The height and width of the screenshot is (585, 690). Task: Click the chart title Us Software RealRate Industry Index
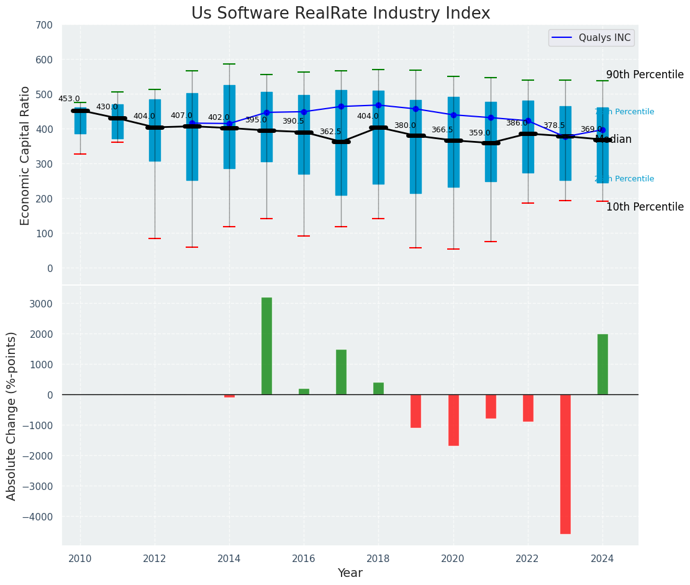click(x=340, y=14)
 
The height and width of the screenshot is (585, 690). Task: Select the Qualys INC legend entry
click(x=591, y=38)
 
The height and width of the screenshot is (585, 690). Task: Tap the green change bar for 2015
click(x=266, y=346)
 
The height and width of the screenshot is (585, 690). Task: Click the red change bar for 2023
click(x=565, y=464)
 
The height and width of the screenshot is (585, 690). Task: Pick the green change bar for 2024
click(x=602, y=365)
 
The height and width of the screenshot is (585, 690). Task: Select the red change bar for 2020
click(x=453, y=420)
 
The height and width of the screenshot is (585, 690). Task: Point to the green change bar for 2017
click(x=341, y=372)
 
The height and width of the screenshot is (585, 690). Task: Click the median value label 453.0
click(x=69, y=99)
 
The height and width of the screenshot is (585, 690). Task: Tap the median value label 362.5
click(x=330, y=132)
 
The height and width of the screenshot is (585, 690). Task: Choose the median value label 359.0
click(x=479, y=133)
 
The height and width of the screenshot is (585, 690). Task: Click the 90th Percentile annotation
click(x=645, y=75)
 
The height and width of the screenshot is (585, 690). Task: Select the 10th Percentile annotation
click(x=645, y=207)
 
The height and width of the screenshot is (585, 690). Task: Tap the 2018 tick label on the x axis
click(x=378, y=559)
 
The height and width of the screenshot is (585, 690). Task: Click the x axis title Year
click(x=350, y=573)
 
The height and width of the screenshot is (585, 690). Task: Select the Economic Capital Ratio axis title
click(x=25, y=155)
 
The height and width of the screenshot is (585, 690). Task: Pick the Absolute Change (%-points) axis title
click(x=12, y=415)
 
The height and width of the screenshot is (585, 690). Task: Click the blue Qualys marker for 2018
click(x=378, y=105)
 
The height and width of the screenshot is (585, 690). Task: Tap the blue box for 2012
click(x=155, y=130)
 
